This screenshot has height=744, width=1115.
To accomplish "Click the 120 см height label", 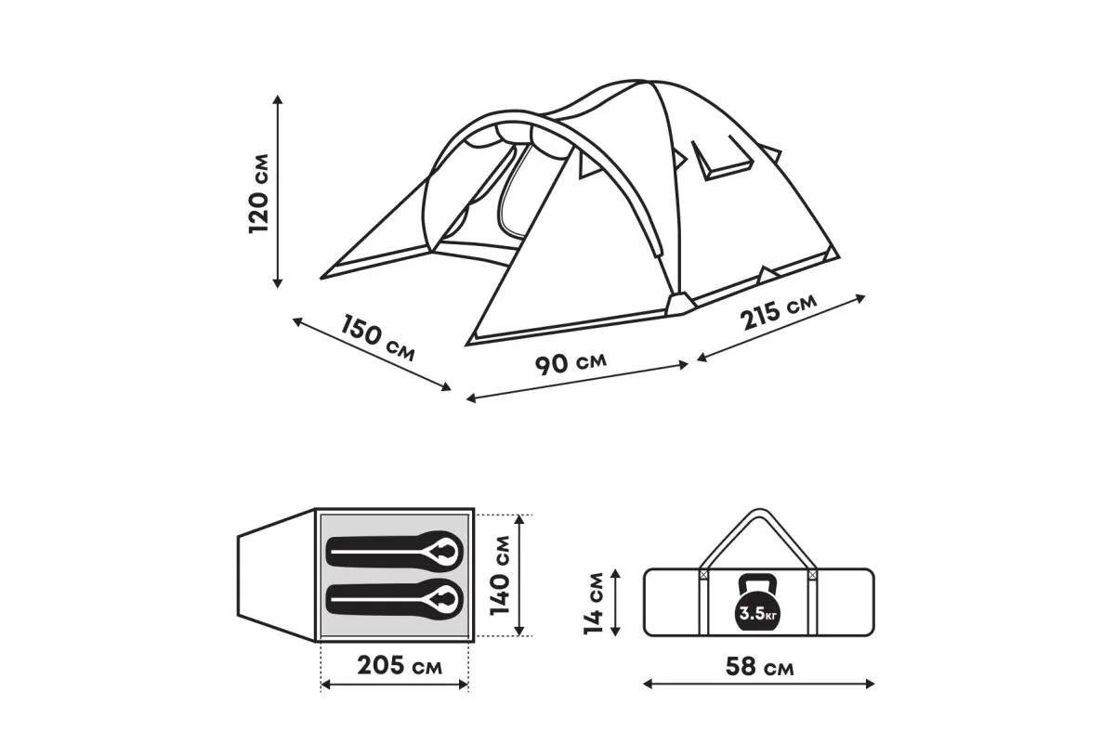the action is (258, 193).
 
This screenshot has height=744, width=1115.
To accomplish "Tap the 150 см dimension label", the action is (378, 338).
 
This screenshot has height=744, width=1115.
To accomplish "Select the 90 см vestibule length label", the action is (571, 363).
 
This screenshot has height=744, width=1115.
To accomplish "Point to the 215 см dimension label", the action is (778, 311).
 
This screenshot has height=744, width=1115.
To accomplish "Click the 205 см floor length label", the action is (400, 665).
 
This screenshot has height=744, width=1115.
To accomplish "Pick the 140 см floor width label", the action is (500, 575).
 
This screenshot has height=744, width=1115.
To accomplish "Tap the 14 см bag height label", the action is (594, 603).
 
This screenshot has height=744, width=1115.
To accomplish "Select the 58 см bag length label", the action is (760, 666).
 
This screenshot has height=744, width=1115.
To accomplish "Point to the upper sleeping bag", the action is (394, 552).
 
